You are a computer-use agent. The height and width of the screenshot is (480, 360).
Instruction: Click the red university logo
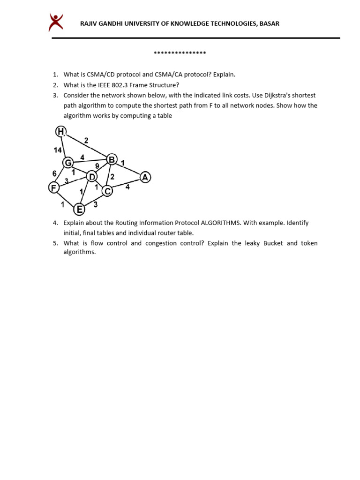point(56,22)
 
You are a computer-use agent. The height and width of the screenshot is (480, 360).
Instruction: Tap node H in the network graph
point(61,132)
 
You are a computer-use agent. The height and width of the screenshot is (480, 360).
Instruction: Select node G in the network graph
point(68,163)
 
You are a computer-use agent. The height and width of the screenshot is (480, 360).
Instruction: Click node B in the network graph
point(112,160)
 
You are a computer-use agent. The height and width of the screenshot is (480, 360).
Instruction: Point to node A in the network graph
point(145,177)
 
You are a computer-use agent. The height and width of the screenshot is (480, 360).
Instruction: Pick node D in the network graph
point(92,176)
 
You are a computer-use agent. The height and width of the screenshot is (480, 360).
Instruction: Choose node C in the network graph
point(107,191)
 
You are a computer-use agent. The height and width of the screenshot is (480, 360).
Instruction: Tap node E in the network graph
point(80,209)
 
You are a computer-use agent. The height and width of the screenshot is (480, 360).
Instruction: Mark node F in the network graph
point(54,188)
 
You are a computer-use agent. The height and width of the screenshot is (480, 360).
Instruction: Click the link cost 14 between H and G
point(58,150)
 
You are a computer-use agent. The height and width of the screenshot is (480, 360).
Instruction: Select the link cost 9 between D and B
point(97,166)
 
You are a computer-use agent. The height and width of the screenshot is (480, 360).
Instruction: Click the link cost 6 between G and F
point(54,173)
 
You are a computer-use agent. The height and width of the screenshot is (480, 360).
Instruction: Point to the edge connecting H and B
point(87,145)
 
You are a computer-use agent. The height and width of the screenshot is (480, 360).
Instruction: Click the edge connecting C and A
point(127,184)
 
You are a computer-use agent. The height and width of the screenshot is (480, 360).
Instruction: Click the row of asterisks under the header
point(180,53)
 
